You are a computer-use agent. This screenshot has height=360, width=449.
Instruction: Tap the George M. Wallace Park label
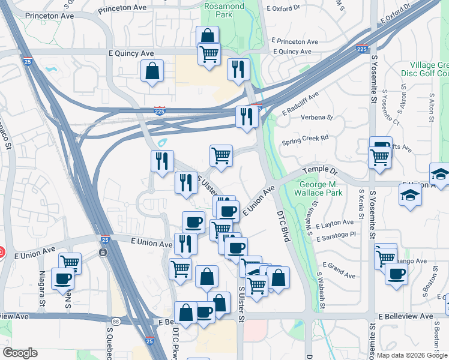(x=321, y=188)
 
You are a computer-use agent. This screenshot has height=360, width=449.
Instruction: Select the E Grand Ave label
(x=339, y=269)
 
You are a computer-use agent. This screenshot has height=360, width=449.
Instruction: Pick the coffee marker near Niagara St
(x=63, y=278)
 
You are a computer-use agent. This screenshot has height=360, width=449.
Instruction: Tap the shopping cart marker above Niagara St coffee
(x=70, y=262)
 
